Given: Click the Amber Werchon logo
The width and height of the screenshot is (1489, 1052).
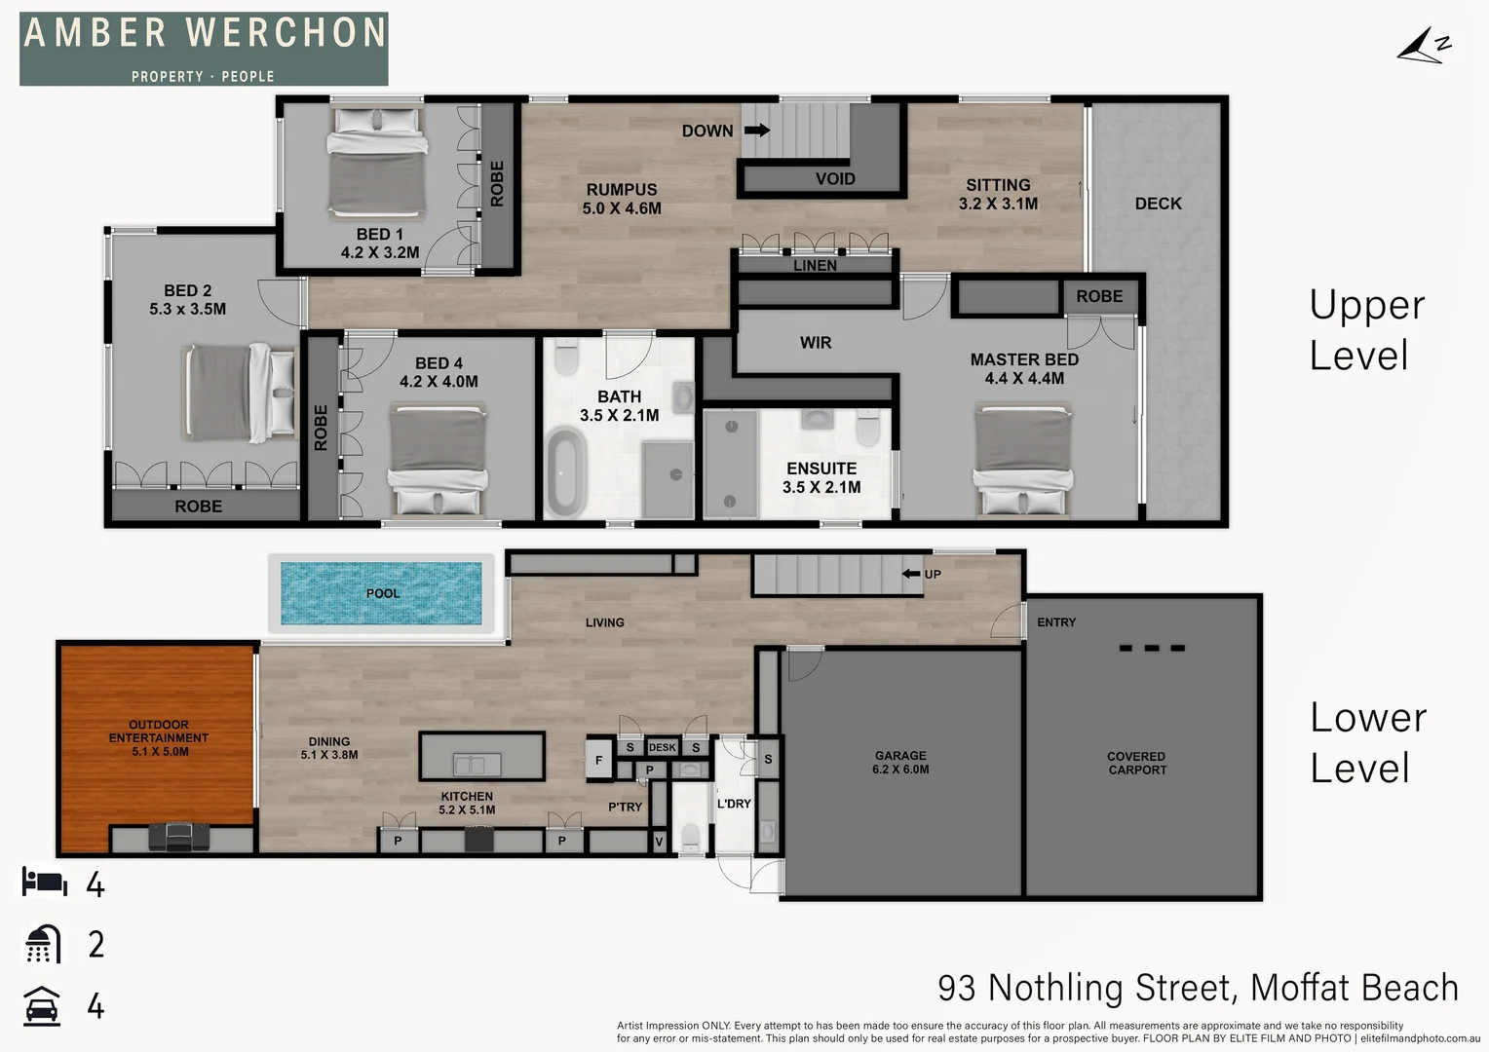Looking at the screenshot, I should tap(204, 48).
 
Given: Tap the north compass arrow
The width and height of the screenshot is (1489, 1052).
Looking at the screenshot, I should tap(1422, 47).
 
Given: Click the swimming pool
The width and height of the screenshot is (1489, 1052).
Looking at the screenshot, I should tap(381, 592).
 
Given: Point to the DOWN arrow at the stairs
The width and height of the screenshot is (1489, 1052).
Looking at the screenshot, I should tap(756, 131).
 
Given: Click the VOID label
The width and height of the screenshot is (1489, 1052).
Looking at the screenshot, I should tap(835, 179).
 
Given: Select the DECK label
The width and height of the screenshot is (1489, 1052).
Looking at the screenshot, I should tap(1158, 204).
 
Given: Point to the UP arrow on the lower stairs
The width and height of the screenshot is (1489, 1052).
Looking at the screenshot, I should tap(912, 574).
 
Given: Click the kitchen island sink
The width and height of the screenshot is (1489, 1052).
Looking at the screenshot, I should tap(477, 764).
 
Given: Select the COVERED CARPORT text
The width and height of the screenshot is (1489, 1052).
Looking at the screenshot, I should tap(1136, 763).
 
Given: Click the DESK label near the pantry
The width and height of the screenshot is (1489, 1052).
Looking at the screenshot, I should tap(663, 748).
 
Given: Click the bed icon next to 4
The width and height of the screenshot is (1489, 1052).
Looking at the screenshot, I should tap(45, 883).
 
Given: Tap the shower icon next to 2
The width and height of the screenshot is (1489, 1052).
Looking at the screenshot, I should tap(43, 944).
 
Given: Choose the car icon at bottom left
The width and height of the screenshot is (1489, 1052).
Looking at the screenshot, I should tap(42, 1005).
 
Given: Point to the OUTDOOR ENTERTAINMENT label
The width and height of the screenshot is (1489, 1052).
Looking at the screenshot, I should tap(159, 737).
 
